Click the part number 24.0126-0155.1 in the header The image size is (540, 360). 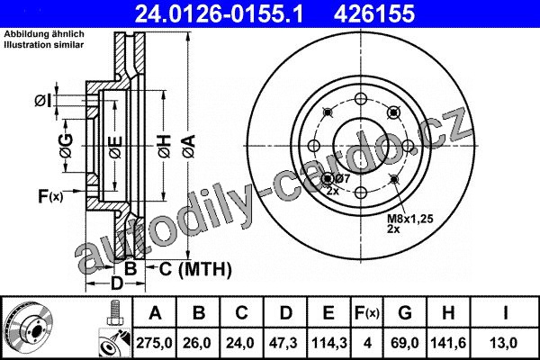pos(219,13)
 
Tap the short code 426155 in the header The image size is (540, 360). pos(373,13)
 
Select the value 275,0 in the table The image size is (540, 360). pos(154,343)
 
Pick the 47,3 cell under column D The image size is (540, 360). pos(284,343)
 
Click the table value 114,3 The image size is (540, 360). pos(328,343)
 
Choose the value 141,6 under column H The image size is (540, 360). pos(448,343)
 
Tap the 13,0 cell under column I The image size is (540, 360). pos(505,343)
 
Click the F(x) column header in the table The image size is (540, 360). pos(367,313)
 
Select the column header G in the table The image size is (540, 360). pos(405,313)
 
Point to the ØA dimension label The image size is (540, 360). pos(189,147)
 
